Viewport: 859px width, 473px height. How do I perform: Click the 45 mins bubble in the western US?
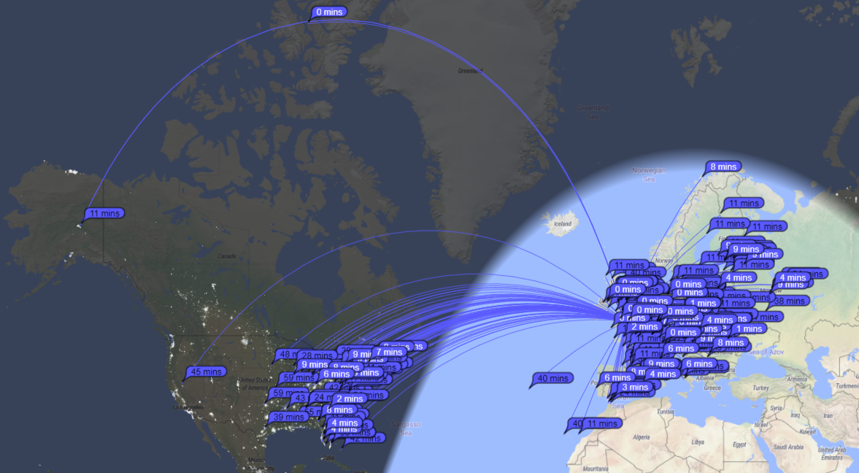(x=206, y=372)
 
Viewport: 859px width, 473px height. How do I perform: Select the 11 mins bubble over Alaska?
(x=104, y=213)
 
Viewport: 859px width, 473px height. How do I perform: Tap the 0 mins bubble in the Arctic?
(x=329, y=12)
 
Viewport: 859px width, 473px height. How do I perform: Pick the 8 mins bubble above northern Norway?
(x=723, y=166)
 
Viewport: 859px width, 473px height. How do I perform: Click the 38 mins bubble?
(x=789, y=301)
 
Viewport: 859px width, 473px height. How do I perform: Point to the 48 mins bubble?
(x=288, y=355)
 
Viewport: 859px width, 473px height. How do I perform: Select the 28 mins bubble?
(x=317, y=355)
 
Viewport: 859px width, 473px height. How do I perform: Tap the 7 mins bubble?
(x=389, y=352)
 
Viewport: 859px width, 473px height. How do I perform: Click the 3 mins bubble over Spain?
(x=635, y=387)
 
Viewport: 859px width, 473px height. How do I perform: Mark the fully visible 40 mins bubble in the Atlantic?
(x=552, y=378)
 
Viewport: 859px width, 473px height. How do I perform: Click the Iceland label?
(x=563, y=223)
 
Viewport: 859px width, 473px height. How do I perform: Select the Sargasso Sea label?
(x=406, y=428)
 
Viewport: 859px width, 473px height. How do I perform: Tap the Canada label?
(x=226, y=257)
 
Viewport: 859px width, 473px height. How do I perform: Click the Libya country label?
(x=698, y=442)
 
